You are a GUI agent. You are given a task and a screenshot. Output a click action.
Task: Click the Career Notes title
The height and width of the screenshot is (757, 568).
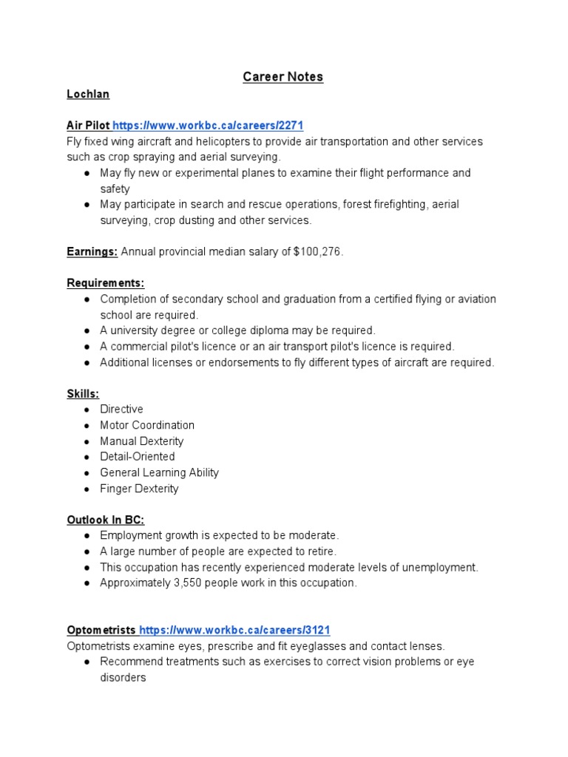click(283, 77)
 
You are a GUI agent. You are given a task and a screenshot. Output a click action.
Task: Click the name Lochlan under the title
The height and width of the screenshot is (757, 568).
click(88, 95)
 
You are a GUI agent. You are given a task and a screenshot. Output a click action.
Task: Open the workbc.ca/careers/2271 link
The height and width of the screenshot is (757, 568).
click(208, 125)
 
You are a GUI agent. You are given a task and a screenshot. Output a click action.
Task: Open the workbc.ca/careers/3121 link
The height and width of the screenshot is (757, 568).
click(234, 630)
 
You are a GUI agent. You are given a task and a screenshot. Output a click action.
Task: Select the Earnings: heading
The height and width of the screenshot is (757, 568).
click(92, 252)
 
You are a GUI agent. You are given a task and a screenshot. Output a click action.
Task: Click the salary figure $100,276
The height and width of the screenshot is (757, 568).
click(318, 252)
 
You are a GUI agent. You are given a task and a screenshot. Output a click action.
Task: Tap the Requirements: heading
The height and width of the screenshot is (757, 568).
click(106, 283)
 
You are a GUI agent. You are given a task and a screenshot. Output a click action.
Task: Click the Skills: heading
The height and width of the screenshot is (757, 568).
click(83, 394)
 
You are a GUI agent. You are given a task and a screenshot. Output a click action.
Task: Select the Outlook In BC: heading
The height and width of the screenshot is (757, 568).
click(106, 520)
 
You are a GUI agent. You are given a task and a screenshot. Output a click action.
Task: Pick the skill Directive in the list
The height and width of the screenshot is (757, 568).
click(122, 410)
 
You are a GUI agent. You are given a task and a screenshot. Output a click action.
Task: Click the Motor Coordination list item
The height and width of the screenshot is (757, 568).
click(147, 425)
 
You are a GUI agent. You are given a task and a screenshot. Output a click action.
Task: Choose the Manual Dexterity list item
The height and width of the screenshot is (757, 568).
click(142, 441)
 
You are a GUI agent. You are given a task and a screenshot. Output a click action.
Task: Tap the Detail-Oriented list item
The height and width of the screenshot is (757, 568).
click(138, 457)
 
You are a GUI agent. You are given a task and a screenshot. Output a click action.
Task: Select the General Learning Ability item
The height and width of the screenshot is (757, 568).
click(160, 472)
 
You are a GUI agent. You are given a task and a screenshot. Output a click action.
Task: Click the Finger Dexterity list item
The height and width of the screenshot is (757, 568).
click(139, 489)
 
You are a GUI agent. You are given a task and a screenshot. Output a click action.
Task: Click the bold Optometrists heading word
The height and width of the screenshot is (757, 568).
click(101, 630)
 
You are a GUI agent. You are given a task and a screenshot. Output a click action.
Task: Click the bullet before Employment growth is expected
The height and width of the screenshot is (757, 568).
click(87, 536)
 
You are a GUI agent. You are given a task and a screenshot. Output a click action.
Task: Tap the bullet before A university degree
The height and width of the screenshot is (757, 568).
click(87, 330)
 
